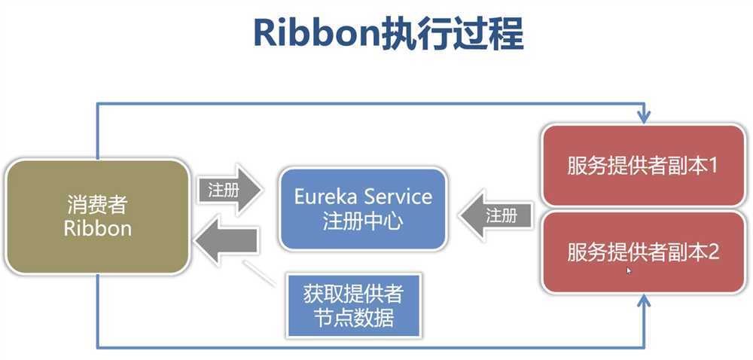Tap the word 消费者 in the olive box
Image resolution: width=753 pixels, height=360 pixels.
tap(98, 205)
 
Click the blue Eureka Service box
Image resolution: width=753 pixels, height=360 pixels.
tap(363, 209)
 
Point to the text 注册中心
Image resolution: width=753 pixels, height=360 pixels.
tap(363, 223)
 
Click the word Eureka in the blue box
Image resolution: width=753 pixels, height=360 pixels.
tap(326, 197)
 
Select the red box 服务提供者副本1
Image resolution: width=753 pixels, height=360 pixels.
tap(643, 166)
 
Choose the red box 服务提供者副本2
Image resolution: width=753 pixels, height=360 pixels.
tap(643, 251)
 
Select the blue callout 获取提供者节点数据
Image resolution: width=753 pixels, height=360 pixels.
tap(353, 305)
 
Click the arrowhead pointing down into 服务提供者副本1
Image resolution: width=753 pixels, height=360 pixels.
tap(643, 117)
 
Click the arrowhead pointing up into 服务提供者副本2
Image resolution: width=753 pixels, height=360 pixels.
tap(643, 301)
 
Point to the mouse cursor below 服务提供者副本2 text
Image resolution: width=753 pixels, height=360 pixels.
tap(629, 270)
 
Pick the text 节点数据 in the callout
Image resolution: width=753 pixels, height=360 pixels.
tap(353, 317)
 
